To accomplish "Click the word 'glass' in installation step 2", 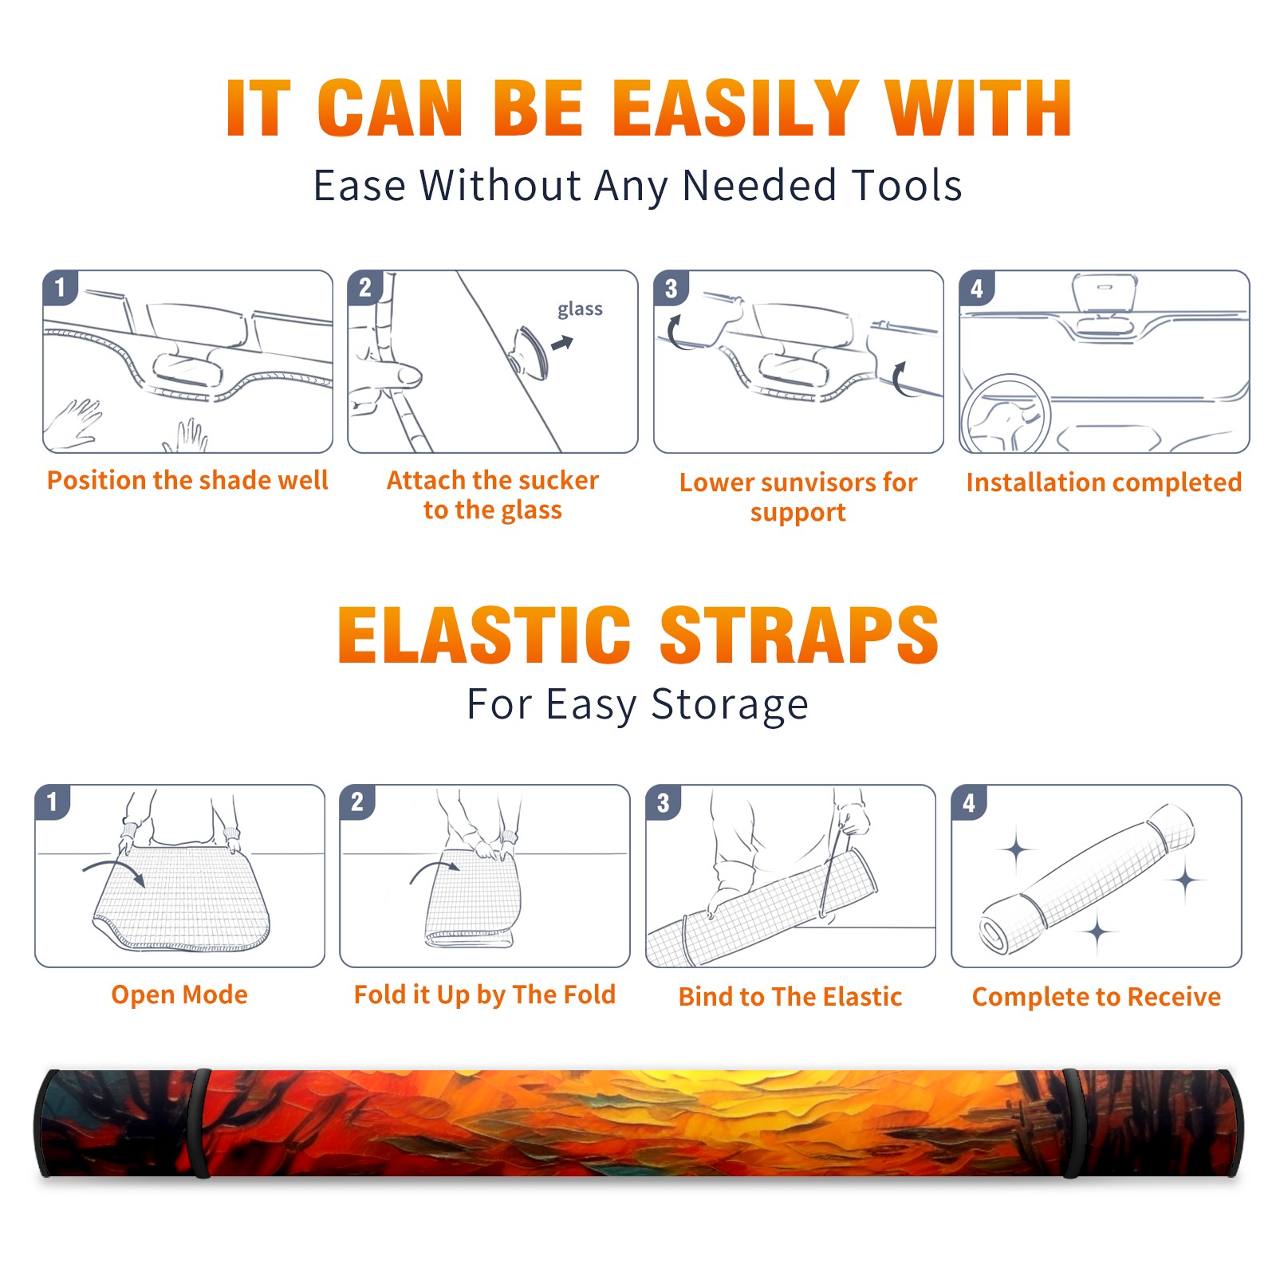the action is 580,309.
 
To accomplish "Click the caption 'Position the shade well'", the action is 187,480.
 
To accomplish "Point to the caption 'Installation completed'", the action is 1104,482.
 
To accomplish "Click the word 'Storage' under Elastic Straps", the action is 730,705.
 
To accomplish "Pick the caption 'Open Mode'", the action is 179,994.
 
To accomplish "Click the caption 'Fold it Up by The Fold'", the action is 485,994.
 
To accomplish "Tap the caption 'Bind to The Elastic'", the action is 790,996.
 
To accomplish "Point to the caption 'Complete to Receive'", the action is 1097,996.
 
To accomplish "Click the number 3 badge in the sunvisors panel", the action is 671,288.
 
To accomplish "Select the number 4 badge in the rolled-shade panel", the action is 969,802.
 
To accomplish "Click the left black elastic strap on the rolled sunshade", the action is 202,1123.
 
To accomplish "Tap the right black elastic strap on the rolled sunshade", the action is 1072,1123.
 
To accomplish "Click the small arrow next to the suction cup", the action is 563,343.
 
